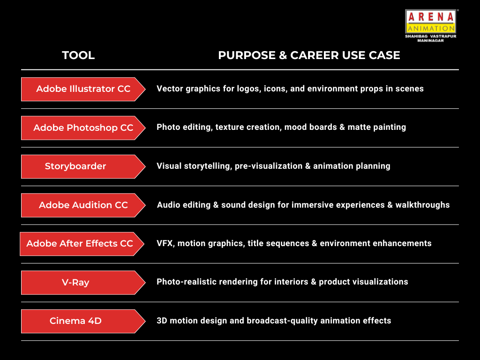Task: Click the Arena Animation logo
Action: point(430,26)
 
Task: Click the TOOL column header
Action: point(78,55)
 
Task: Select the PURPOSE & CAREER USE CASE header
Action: point(309,55)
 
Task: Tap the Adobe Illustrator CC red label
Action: point(83,89)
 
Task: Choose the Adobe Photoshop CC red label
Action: point(83,128)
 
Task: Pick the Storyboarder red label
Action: point(83,166)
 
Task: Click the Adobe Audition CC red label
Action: point(83,205)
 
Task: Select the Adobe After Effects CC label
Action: point(82,244)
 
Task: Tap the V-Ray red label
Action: point(83,283)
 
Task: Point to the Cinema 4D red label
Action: point(83,321)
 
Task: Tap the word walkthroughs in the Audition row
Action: point(422,205)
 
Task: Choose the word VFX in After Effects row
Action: point(165,243)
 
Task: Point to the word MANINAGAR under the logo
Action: point(430,40)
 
